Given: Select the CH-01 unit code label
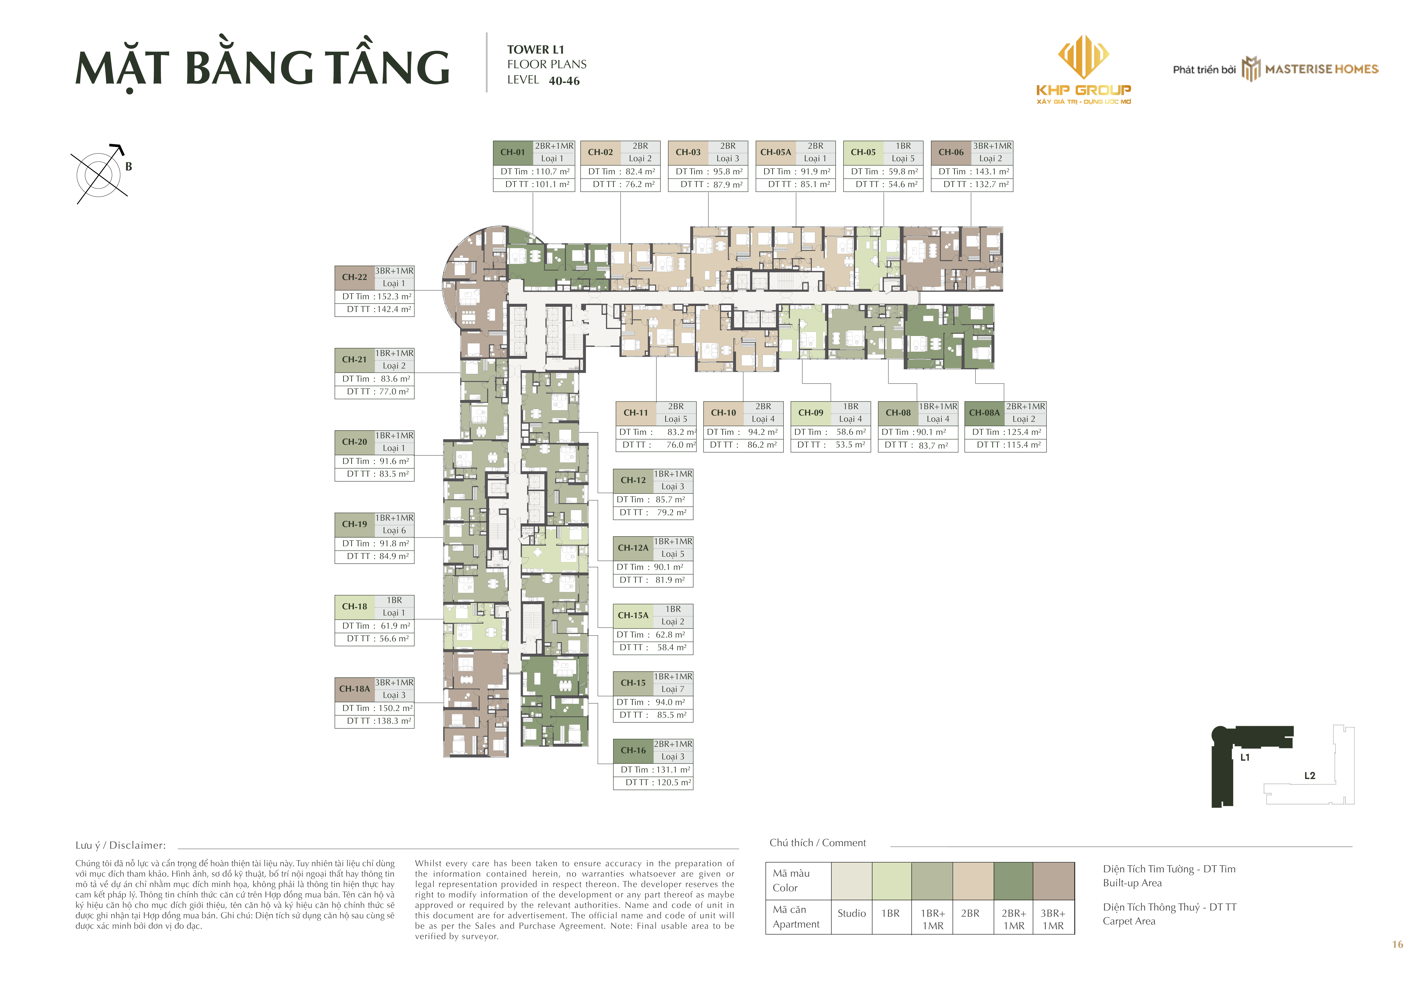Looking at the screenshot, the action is point(512,152).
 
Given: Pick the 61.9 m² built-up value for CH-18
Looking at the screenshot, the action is point(395,626).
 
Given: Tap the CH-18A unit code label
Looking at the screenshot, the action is point(355,689).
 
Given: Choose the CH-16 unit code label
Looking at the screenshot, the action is point(633,750).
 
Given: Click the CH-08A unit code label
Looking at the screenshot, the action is point(984,412).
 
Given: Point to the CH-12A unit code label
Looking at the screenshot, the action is point(633,547).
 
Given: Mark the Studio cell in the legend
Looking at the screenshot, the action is point(852,913).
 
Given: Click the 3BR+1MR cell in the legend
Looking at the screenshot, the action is point(1053,919).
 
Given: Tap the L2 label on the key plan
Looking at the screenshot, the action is point(1310,776).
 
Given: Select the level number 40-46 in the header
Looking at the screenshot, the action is point(564,81).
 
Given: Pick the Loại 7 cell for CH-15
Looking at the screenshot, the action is point(673,689).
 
